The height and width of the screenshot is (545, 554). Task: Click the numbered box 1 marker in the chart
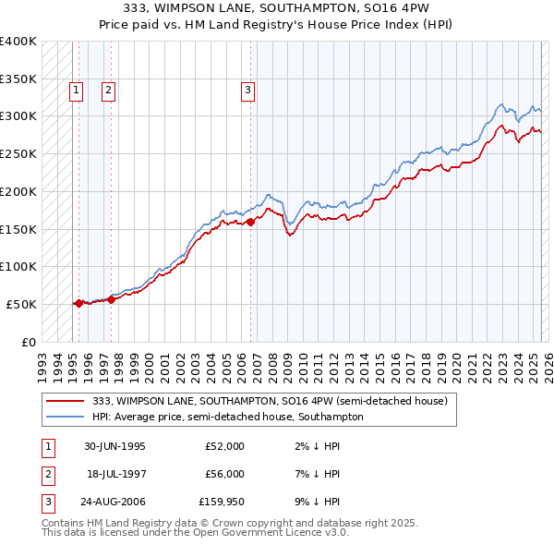pyautogui.click(x=75, y=90)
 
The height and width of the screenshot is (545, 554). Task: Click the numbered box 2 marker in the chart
pyautogui.click(x=108, y=90)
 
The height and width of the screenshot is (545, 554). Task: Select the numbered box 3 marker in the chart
pyautogui.click(x=248, y=90)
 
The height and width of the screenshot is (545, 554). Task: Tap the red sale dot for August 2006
pyautogui.click(x=250, y=222)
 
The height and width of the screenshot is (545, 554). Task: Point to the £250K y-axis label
pyautogui.click(x=18, y=153)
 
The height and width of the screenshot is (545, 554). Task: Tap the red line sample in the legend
pyautogui.click(x=66, y=401)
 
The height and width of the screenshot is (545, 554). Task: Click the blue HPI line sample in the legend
pyautogui.click(x=66, y=417)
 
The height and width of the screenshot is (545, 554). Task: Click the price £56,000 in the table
pyautogui.click(x=224, y=474)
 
